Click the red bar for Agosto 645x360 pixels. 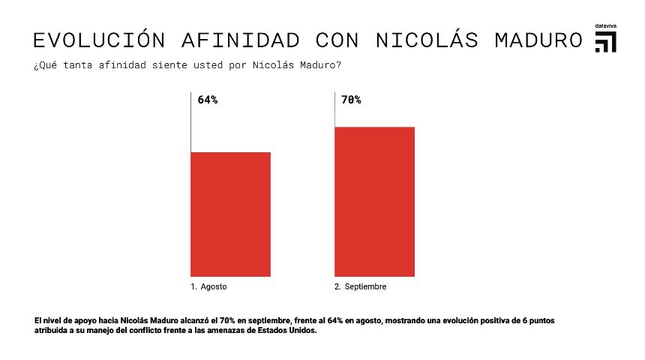pos(230,214)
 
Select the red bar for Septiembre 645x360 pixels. pos(374,201)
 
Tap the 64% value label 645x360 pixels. pos(208,100)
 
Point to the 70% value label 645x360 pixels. pos(351,100)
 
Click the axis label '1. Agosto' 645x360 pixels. pos(208,287)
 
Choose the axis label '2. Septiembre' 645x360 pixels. pos(361,287)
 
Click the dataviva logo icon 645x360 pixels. pos(605,43)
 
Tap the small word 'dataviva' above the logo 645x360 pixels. pos(605,26)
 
